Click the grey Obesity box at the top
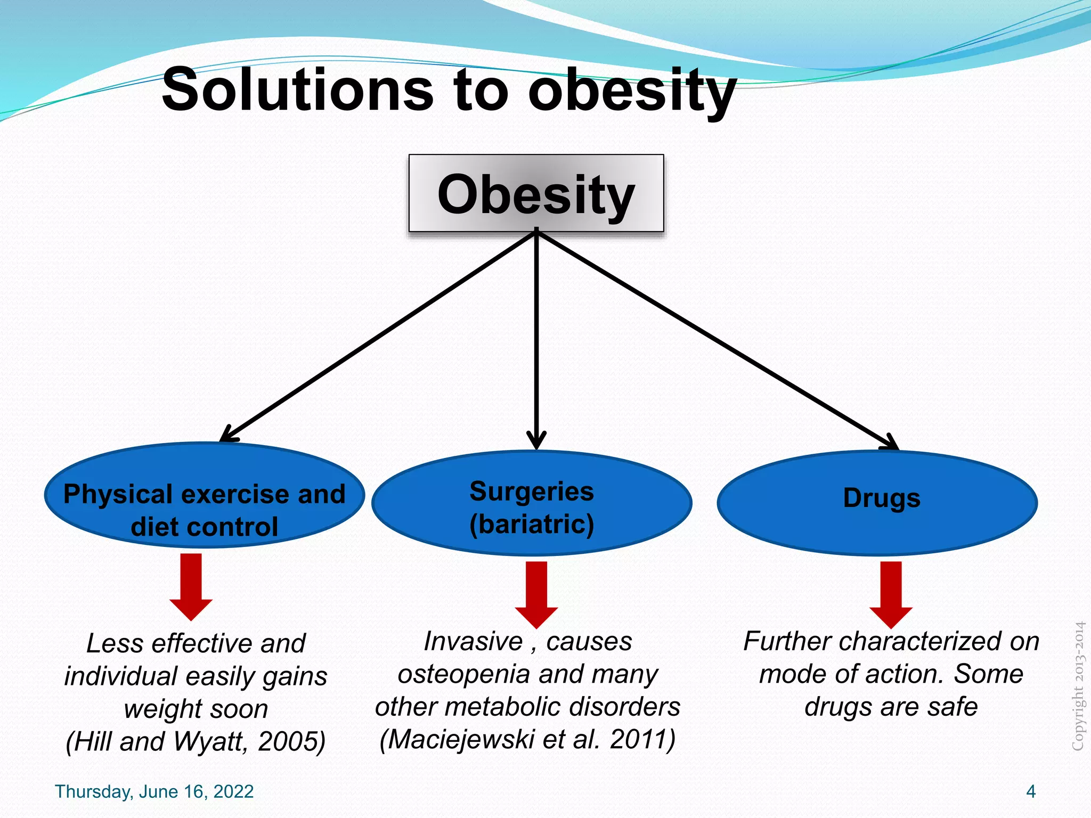pyautogui.click(x=536, y=193)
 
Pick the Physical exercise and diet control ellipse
pyautogui.click(x=204, y=495)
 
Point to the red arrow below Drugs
pyautogui.click(x=891, y=594)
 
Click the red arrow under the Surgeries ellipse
pyautogui.click(x=536, y=594)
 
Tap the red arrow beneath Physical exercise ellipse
pyautogui.click(x=191, y=586)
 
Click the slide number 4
pyautogui.click(x=1031, y=791)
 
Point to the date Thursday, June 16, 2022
pyautogui.click(x=154, y=791)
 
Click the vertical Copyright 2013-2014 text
pyautogui.click(x=1078, y=687)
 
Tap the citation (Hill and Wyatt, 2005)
pyautogui.click(x=196, y=741)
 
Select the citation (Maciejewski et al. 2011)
pyautogui.click(x=527, y=739)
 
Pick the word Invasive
pyautogui.click(x=473, y=641)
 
